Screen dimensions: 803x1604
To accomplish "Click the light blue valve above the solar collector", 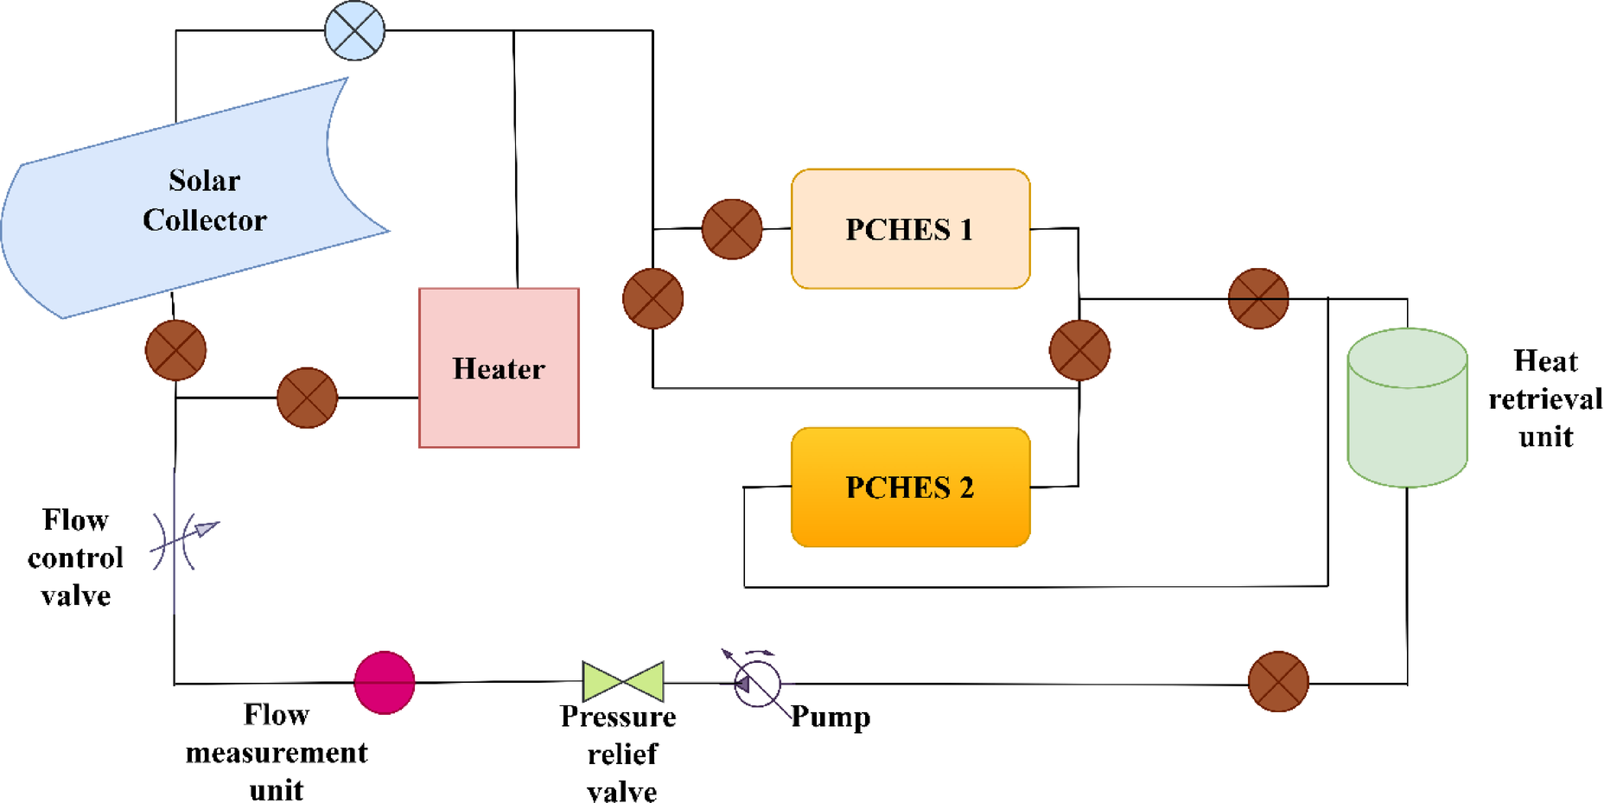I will click(x=354, y=30).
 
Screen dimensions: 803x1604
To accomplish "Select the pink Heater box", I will click(x=499, y=368).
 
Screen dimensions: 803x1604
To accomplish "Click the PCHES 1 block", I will click(x=910, y=229).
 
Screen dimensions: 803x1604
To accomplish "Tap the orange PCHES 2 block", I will click(x=910, y=488).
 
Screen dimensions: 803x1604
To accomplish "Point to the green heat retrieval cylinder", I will click(x=1407, y=408).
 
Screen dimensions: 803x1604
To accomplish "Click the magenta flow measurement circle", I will click(x=385, y=683).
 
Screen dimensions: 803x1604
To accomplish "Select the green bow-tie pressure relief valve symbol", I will click(x=623, y=682).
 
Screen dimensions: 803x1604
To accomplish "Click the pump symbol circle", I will click(x=758, y=684).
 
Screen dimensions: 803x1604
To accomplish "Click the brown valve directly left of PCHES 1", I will click(x=732, y=229).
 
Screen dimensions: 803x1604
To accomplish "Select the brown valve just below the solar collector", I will click(x=175, y=350).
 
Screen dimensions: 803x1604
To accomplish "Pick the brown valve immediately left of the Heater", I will click(x=307, y=398).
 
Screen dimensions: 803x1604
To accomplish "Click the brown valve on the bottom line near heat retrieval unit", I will click(x=1278, y=682).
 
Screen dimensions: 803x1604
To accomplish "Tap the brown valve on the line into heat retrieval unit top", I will click(x=1258, y=298).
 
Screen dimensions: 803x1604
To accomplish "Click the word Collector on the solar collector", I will click(x=205, y=220).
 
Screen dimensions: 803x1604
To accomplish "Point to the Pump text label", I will click(x=831, y=717).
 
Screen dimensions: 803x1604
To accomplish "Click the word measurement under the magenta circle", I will click(x=277, y=753).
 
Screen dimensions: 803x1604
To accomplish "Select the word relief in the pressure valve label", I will click(x=622, y=755).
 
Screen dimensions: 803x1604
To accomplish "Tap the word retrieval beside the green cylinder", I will click(x=1544, y=399).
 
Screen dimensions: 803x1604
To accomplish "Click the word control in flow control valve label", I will click(x=76, y=558).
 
